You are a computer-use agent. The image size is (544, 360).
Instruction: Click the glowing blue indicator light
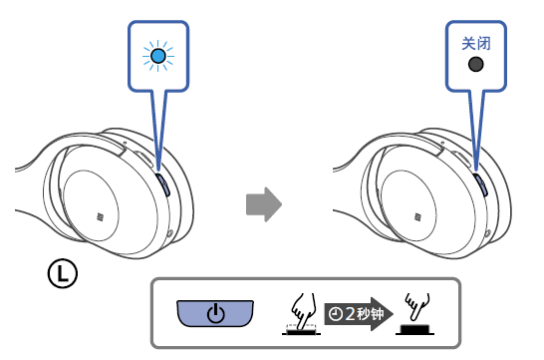(158, 56)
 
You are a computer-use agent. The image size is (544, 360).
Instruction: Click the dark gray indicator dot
(475, 64)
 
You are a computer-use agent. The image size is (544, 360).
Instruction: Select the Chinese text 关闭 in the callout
(476, 44)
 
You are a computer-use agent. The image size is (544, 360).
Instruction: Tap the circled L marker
(63, 273)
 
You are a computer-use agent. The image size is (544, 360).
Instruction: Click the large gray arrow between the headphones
(264, 204)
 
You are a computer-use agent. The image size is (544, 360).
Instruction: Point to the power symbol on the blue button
(215, 313)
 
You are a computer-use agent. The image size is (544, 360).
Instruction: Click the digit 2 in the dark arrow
(350, 314)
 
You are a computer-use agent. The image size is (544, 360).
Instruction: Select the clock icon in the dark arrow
(336, 314)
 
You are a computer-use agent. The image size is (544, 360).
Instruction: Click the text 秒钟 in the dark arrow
(371, 314)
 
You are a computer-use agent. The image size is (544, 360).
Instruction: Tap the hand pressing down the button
(303, 311)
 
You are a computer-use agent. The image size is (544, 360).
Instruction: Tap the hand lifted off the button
(417, 305)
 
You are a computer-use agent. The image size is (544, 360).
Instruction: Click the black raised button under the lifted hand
(414, 329)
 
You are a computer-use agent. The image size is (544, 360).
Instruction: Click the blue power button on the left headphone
(163, 184)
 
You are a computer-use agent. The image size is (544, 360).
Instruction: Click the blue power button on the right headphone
(481, 184)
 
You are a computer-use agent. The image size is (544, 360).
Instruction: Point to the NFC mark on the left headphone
(100, 217)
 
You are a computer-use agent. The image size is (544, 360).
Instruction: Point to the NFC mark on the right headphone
(417, 217)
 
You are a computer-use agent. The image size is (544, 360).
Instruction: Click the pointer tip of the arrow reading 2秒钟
(393, 314)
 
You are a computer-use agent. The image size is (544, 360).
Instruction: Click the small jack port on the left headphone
(170, 233)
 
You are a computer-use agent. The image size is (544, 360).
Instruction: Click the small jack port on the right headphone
(488, 233)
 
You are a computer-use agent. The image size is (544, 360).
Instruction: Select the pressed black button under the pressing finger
(301, 332)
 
